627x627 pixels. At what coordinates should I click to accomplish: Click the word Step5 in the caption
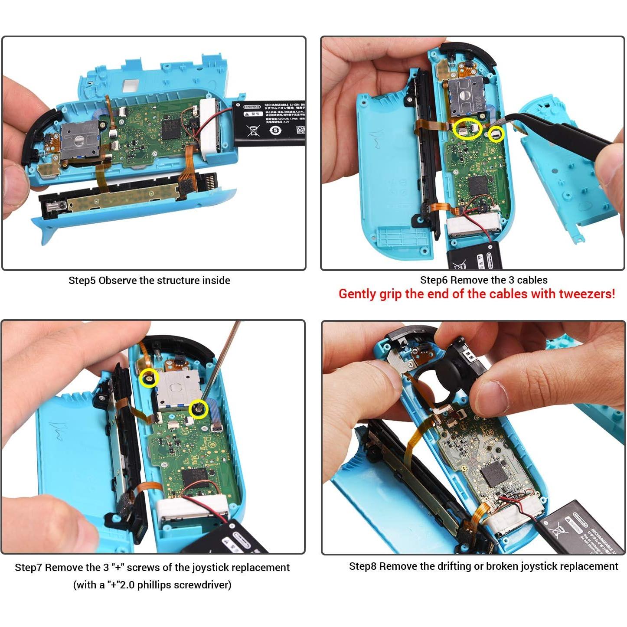click(x=82, y=281)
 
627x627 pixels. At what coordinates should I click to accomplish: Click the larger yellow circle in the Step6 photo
click(x=467, y=129)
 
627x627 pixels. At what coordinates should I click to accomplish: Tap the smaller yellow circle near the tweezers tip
click(x=496, y=134)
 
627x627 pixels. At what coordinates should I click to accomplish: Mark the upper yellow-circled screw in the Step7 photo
click(x=148, y=379)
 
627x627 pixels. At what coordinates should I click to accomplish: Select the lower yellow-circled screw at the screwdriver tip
click(x=199, y=409)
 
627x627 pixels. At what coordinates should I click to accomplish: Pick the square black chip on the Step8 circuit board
click(x=493, y=473)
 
